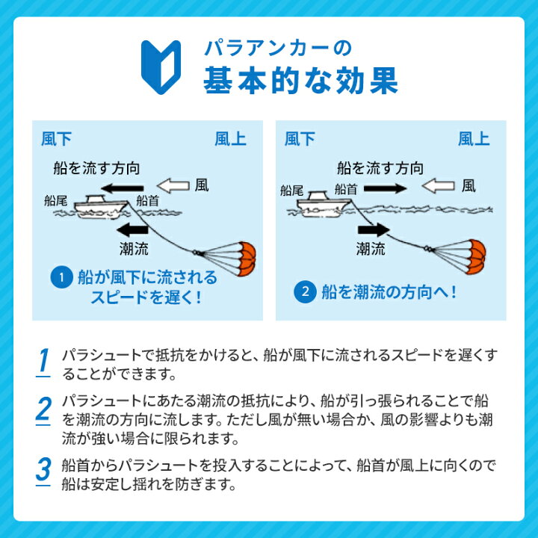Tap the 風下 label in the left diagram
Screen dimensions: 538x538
[56, 139]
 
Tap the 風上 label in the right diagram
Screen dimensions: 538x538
[474, 139]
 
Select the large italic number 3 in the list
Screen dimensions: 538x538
[43, 469]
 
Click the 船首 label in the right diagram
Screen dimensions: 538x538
[347, 190]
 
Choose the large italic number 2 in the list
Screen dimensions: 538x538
[43, 409]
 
